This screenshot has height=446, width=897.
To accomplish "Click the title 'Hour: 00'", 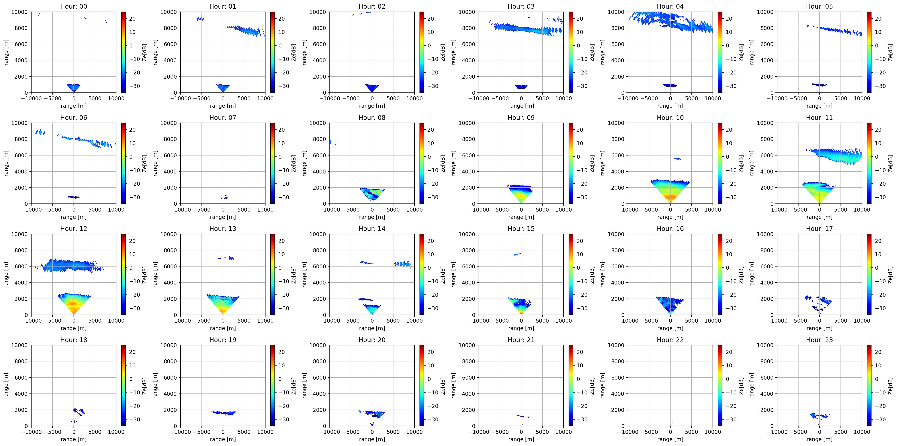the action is point(74,6).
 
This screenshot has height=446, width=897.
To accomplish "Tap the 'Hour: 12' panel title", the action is point(74,229).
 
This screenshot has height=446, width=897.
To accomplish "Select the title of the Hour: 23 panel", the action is point(819,340).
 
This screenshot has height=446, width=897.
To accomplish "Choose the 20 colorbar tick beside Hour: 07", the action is point(281,130).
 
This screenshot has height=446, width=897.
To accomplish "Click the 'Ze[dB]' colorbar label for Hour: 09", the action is point(592,164).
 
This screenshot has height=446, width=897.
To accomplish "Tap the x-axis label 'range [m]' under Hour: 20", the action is point(372,439).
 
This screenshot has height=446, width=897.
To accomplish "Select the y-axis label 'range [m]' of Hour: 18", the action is point(6,386).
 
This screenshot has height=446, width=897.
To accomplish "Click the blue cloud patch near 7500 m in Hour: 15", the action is point(517,254).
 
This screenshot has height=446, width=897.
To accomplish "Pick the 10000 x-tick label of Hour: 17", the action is point(862,321).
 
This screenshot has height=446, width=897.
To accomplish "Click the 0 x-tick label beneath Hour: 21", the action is point(521,432).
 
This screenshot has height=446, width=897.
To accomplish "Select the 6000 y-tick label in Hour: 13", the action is point(170,266).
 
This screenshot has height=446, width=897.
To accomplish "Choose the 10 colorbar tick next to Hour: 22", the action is point(729,366).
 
